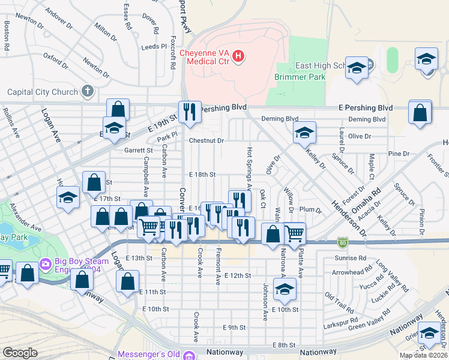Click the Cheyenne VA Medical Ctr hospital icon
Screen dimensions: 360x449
point(239,56)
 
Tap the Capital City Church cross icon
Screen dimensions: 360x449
point(88,92)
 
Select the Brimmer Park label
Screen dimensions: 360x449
point(300,77)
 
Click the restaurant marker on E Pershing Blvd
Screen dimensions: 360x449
point(190,112)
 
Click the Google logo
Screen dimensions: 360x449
point(20,353)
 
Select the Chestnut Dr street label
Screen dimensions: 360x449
point(206,140)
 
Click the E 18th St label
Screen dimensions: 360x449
point(202,174)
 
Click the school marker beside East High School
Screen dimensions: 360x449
point(357,68)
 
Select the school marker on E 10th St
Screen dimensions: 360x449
point(284,291)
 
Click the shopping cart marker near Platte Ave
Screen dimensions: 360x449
point(294,232)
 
